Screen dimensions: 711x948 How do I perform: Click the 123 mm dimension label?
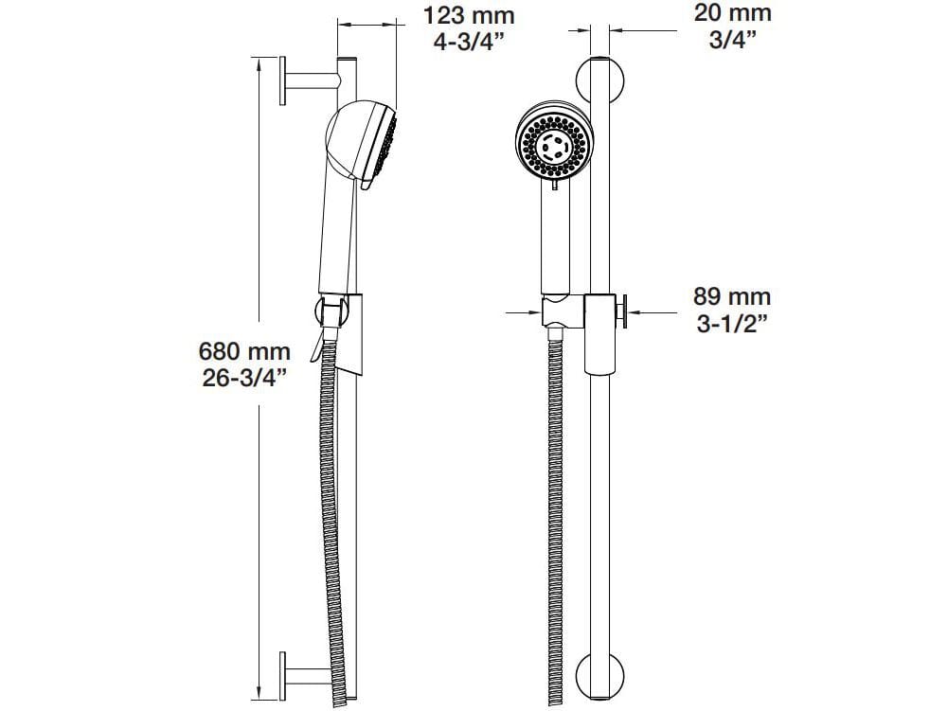pyautogui.click(x=468, y=15)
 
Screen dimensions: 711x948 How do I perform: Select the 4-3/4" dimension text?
pyautogui.click(x=468, y=44)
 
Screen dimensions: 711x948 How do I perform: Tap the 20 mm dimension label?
pyautogui.click(x=733, y=13)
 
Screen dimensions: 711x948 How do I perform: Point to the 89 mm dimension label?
pyautogui.click(x=733, y=296)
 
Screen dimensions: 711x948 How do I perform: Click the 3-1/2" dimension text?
pyautogui.click(x=731, y=324)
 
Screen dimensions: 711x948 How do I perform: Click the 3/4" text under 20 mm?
pyautogui.click(x=733, y=42)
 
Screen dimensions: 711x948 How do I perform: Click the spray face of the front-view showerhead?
pyautogui.click(x=554, y=148)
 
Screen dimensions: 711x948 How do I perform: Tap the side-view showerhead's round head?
pyautogui.click(x=355, y=138)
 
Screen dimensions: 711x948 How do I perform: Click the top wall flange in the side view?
pyautogui.click(x=282, y=82)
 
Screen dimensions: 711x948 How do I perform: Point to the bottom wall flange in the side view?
pyautogui.click(x=282, y=674)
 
